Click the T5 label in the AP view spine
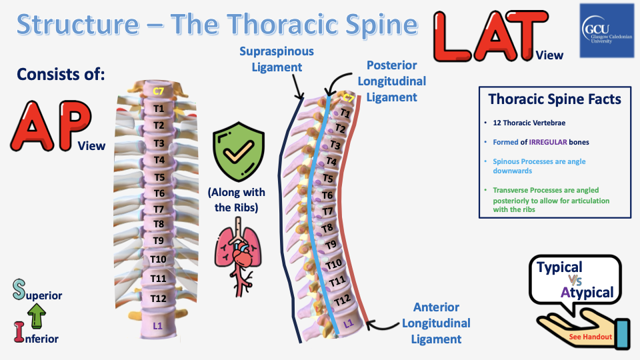click(x=159, y=177)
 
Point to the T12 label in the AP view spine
click(x=159, y=298)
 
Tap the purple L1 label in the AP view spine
click(x=159, y=325)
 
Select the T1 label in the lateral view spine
click(x=345, y=113)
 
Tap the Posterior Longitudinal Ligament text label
click(x=392, y=81)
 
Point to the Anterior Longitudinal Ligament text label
click(x=436, y=323)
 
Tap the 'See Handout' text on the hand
click(x=591, y=337)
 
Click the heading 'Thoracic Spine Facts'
click(x=555, y=99)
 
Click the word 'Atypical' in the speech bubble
click(x=587, y=293)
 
